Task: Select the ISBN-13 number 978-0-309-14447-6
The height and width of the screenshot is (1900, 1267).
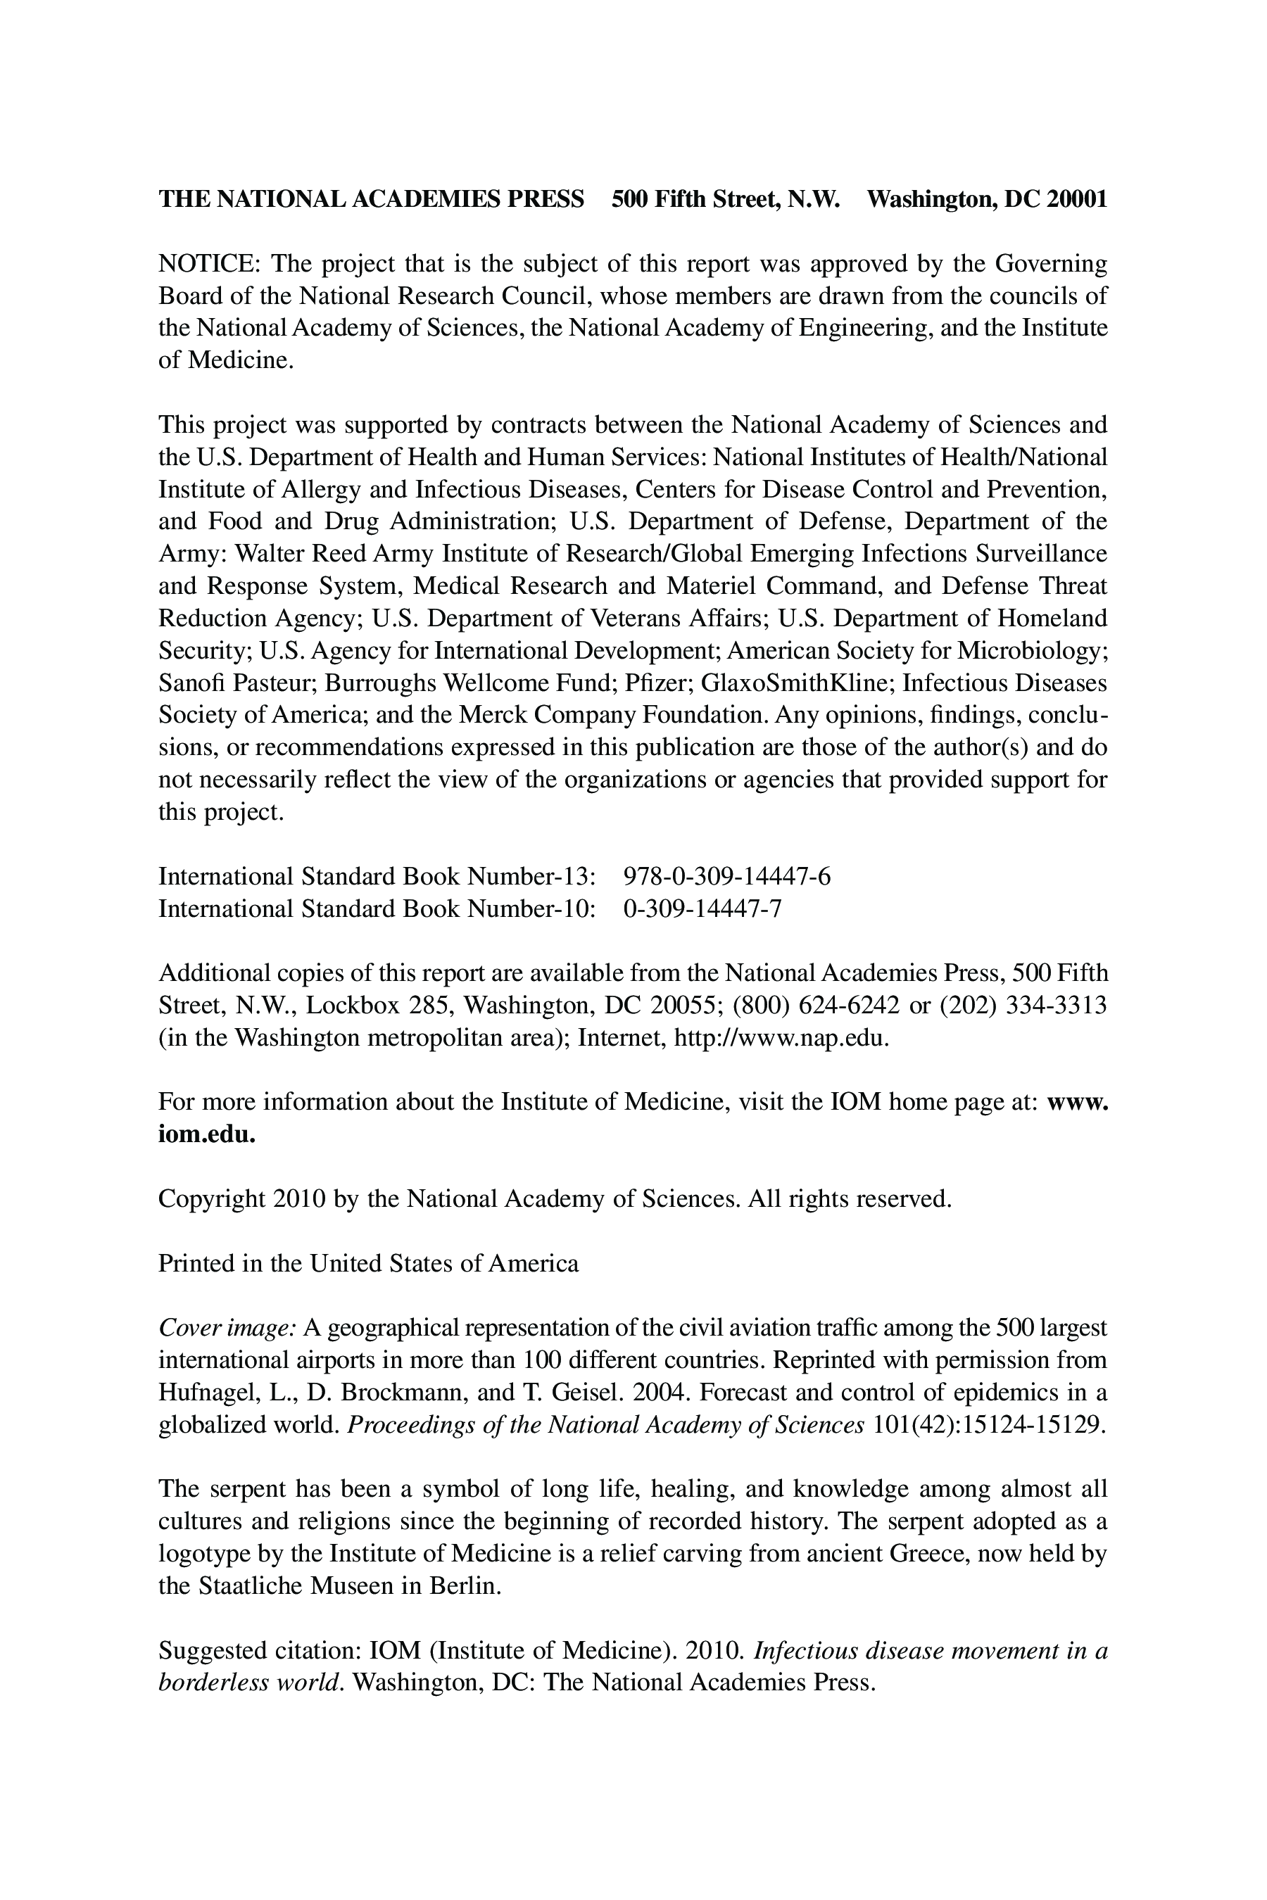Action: click(x=726, y=877)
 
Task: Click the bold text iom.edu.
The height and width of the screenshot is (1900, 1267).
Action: click(x=207, y=1134)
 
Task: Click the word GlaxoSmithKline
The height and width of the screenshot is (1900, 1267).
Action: click(x=798, y=683)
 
